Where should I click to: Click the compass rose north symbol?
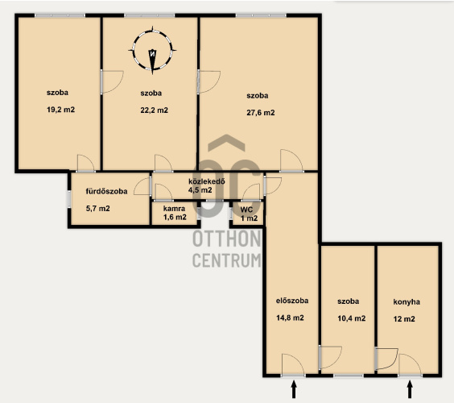pos(152,51)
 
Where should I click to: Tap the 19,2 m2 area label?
pos(61,110)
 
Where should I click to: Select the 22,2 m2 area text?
pos(154,110)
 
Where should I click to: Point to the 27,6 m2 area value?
pos(261,113)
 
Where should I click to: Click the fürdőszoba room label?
pos(106,191)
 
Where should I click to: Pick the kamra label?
pos(175,209)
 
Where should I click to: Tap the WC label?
pos(246,210)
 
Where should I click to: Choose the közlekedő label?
pos(207,181)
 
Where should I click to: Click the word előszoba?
pos(292,301)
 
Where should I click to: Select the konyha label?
pos(407,302)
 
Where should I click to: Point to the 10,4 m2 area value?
pos(352,318)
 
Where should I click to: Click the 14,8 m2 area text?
pos(290,318)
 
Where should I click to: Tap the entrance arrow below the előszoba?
pos(294,389)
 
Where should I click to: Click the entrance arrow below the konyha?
pos(410,389)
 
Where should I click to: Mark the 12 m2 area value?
pos(404,319)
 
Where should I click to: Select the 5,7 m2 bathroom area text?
pos(98,209)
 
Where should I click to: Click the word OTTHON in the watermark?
pos(226,239)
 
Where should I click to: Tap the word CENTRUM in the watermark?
pos(226,260)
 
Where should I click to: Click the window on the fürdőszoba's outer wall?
pos(69,199)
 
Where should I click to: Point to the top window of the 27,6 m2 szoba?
pos(261,15)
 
